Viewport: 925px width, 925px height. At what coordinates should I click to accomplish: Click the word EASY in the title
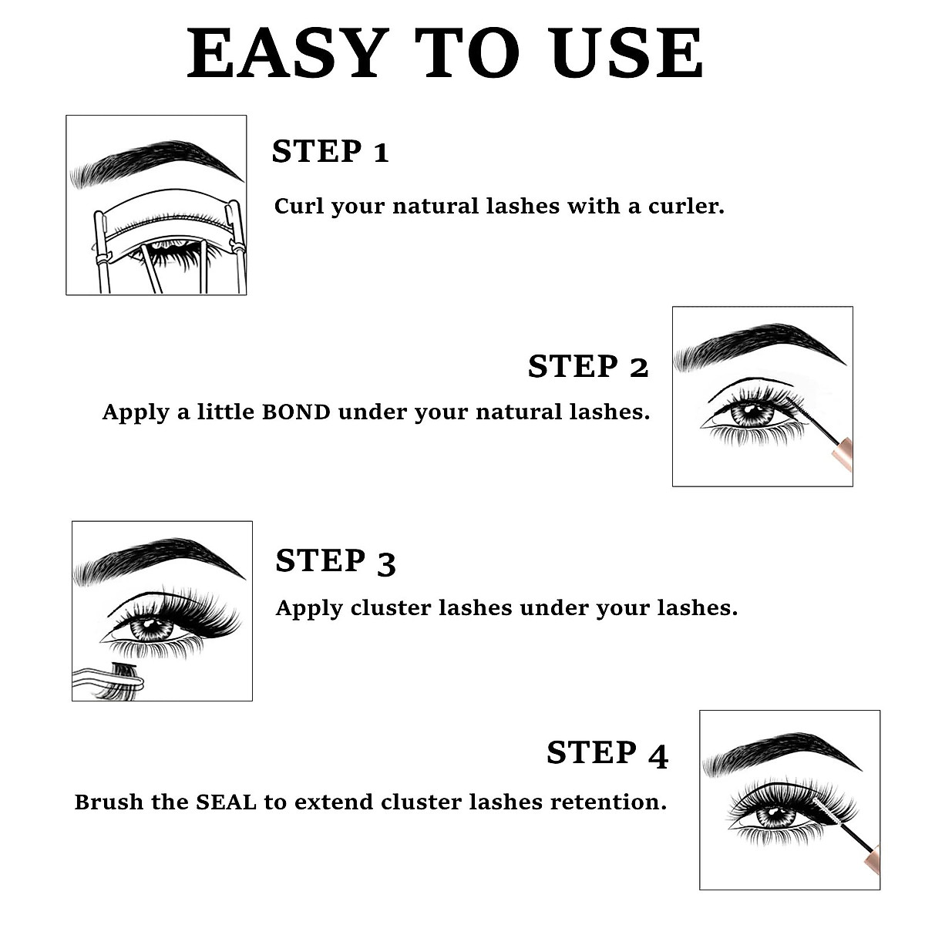point(287,54)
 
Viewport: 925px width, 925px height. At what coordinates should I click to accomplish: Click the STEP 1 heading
point(330,152)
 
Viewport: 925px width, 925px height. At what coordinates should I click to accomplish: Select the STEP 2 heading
point(587,367)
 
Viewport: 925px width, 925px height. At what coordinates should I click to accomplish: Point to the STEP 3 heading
point(335,561)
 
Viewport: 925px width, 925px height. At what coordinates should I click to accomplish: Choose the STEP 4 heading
point(607,753)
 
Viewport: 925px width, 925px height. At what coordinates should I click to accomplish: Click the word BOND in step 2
point(296,412)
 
